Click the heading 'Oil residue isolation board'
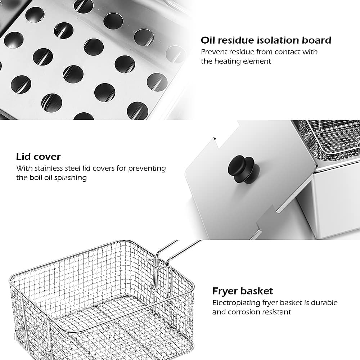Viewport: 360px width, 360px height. [266, 40]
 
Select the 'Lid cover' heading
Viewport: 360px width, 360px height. [38, 157]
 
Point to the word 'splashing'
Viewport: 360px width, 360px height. [71, 178]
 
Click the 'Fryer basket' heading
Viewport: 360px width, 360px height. [242, 291]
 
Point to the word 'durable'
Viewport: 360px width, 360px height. [325, 303]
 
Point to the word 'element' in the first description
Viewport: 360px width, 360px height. [258, 61]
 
